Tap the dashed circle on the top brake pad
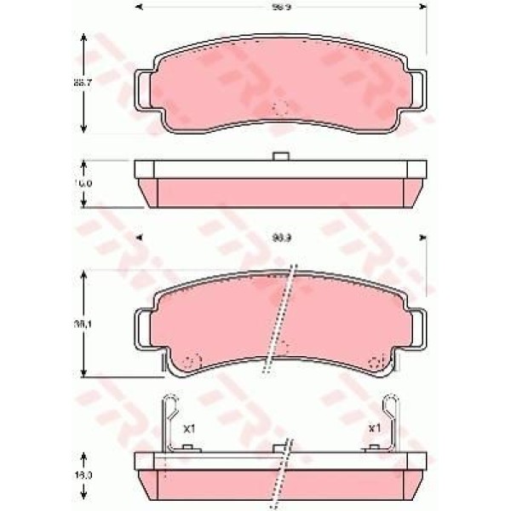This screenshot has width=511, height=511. (x=280, y=109)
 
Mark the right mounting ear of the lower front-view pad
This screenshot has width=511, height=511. (x=416, y=326)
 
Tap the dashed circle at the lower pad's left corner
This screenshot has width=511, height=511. (x=192, y=360)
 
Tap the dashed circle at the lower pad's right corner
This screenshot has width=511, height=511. (x=374, y=360)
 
